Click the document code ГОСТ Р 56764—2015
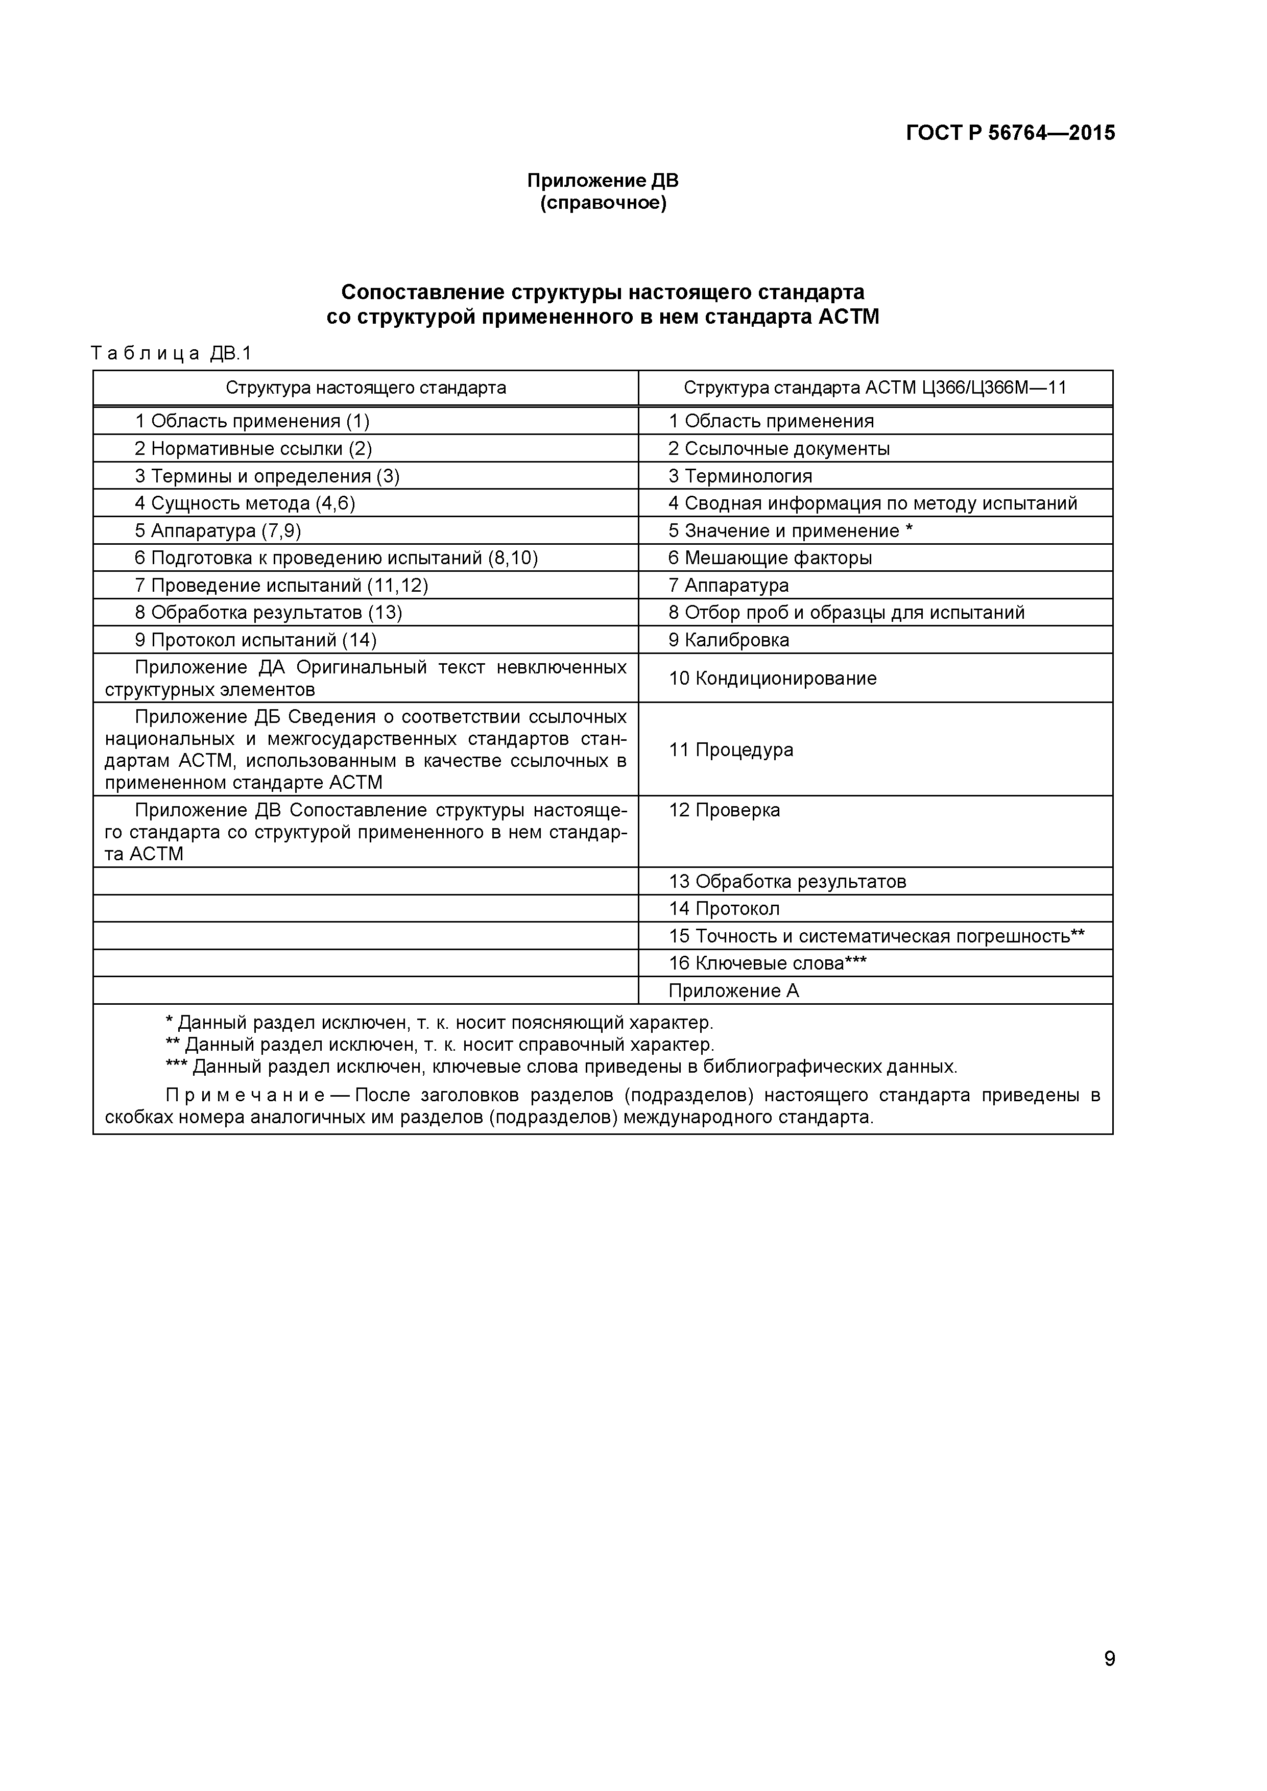click(1010, 133)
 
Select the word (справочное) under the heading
click(603, 204)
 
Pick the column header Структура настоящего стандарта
click(365, 388)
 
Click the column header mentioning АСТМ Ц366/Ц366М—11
click(875, 388)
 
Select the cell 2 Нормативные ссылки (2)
click(253, 449)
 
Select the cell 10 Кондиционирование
click(772, 678)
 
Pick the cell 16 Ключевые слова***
click(767, 963)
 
